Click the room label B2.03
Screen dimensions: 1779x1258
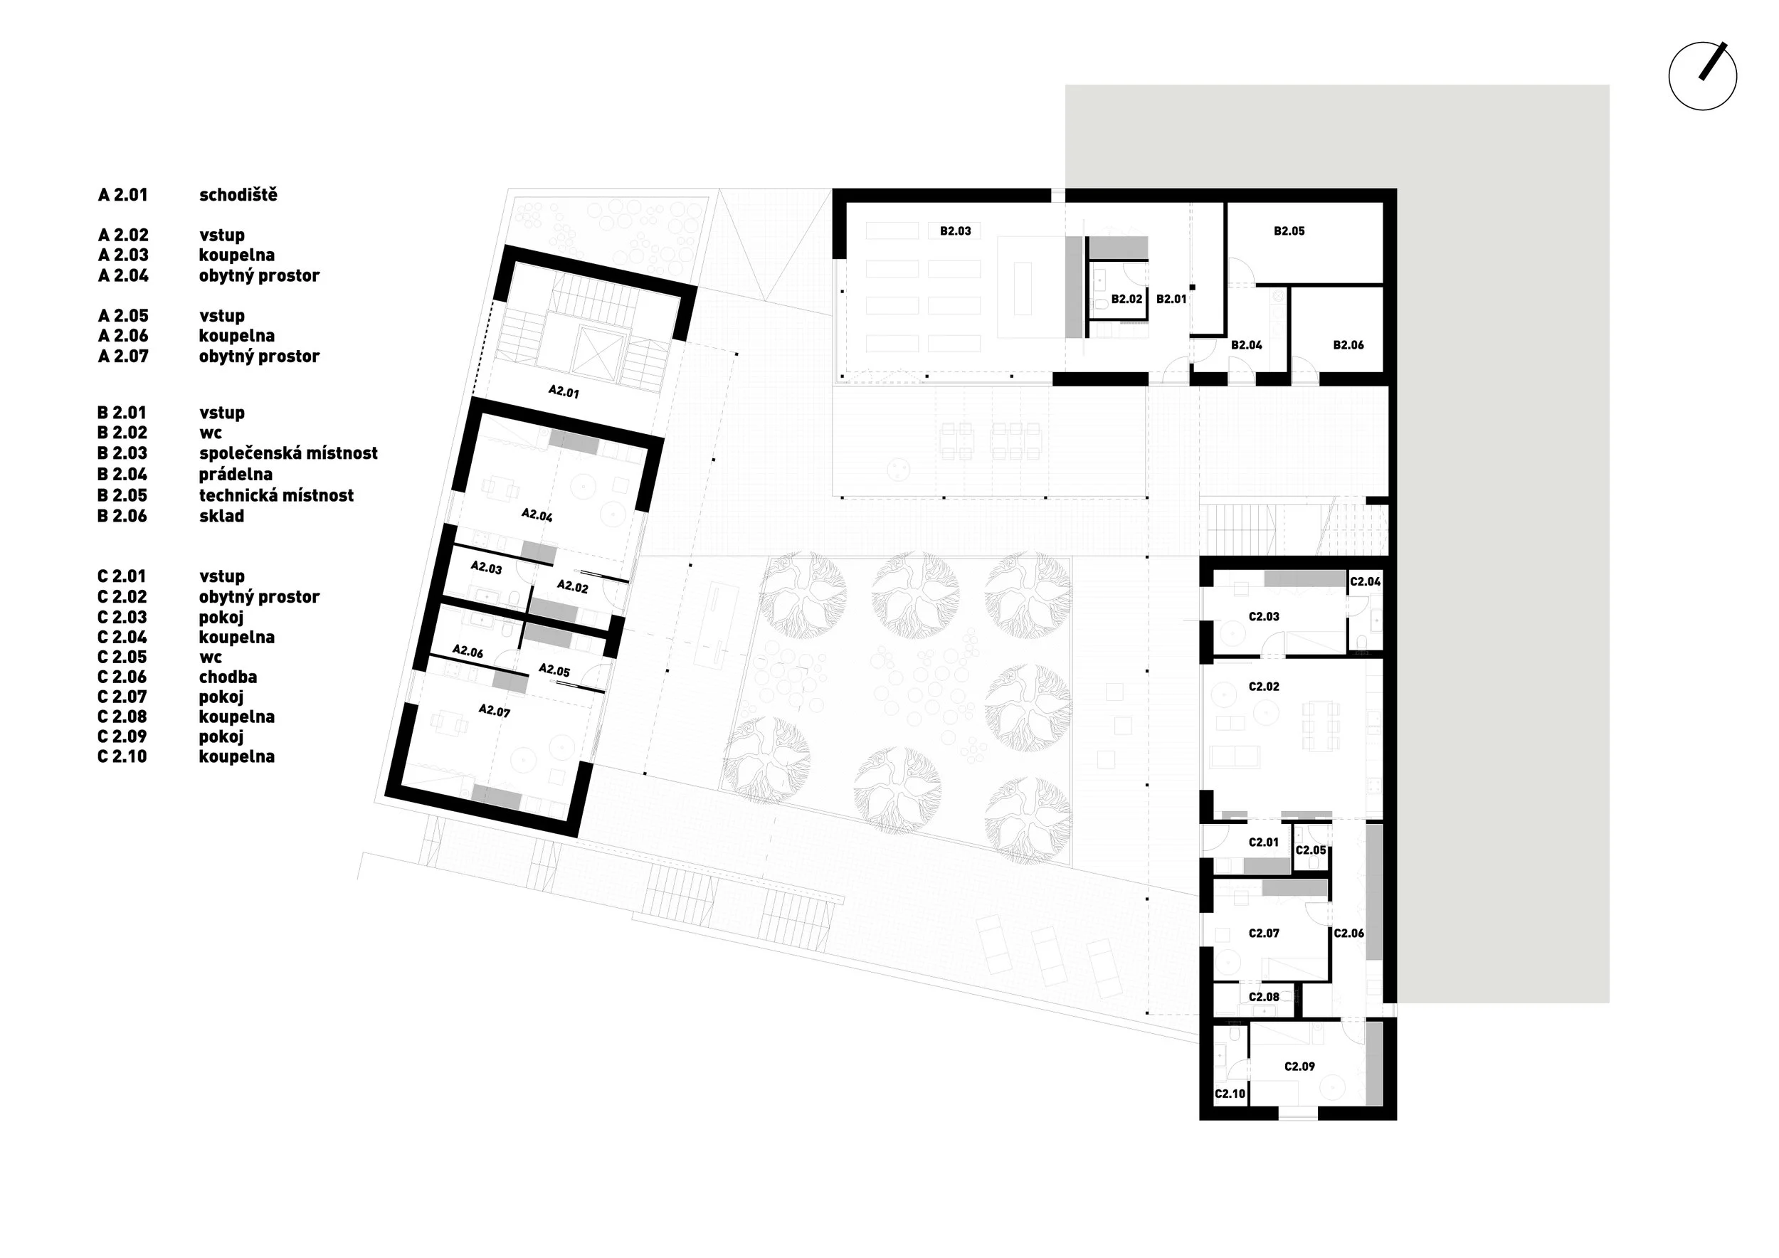coord(956,231)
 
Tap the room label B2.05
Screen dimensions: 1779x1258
coord(1289,231)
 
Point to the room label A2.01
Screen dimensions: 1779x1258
coord(564,392)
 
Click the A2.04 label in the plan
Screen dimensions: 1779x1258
coord(537,514)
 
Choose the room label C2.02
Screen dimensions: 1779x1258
coord(1264,687)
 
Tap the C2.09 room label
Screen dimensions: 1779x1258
coord(1299,1067)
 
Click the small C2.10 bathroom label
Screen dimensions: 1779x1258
coord(1230,1094)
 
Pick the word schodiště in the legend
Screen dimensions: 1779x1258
coord(238,194)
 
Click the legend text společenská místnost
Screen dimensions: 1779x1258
coord(288,453)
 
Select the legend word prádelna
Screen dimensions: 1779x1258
coord(236,474)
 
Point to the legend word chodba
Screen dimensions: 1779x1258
coord(228,677)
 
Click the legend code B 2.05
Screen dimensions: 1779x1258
coord(122,495)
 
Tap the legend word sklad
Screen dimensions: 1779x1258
coord(221,516)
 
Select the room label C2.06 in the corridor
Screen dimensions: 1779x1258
coord(1349,934)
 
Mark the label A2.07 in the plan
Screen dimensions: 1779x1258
coord(495,710)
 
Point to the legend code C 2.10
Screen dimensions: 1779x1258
coord(122,757)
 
